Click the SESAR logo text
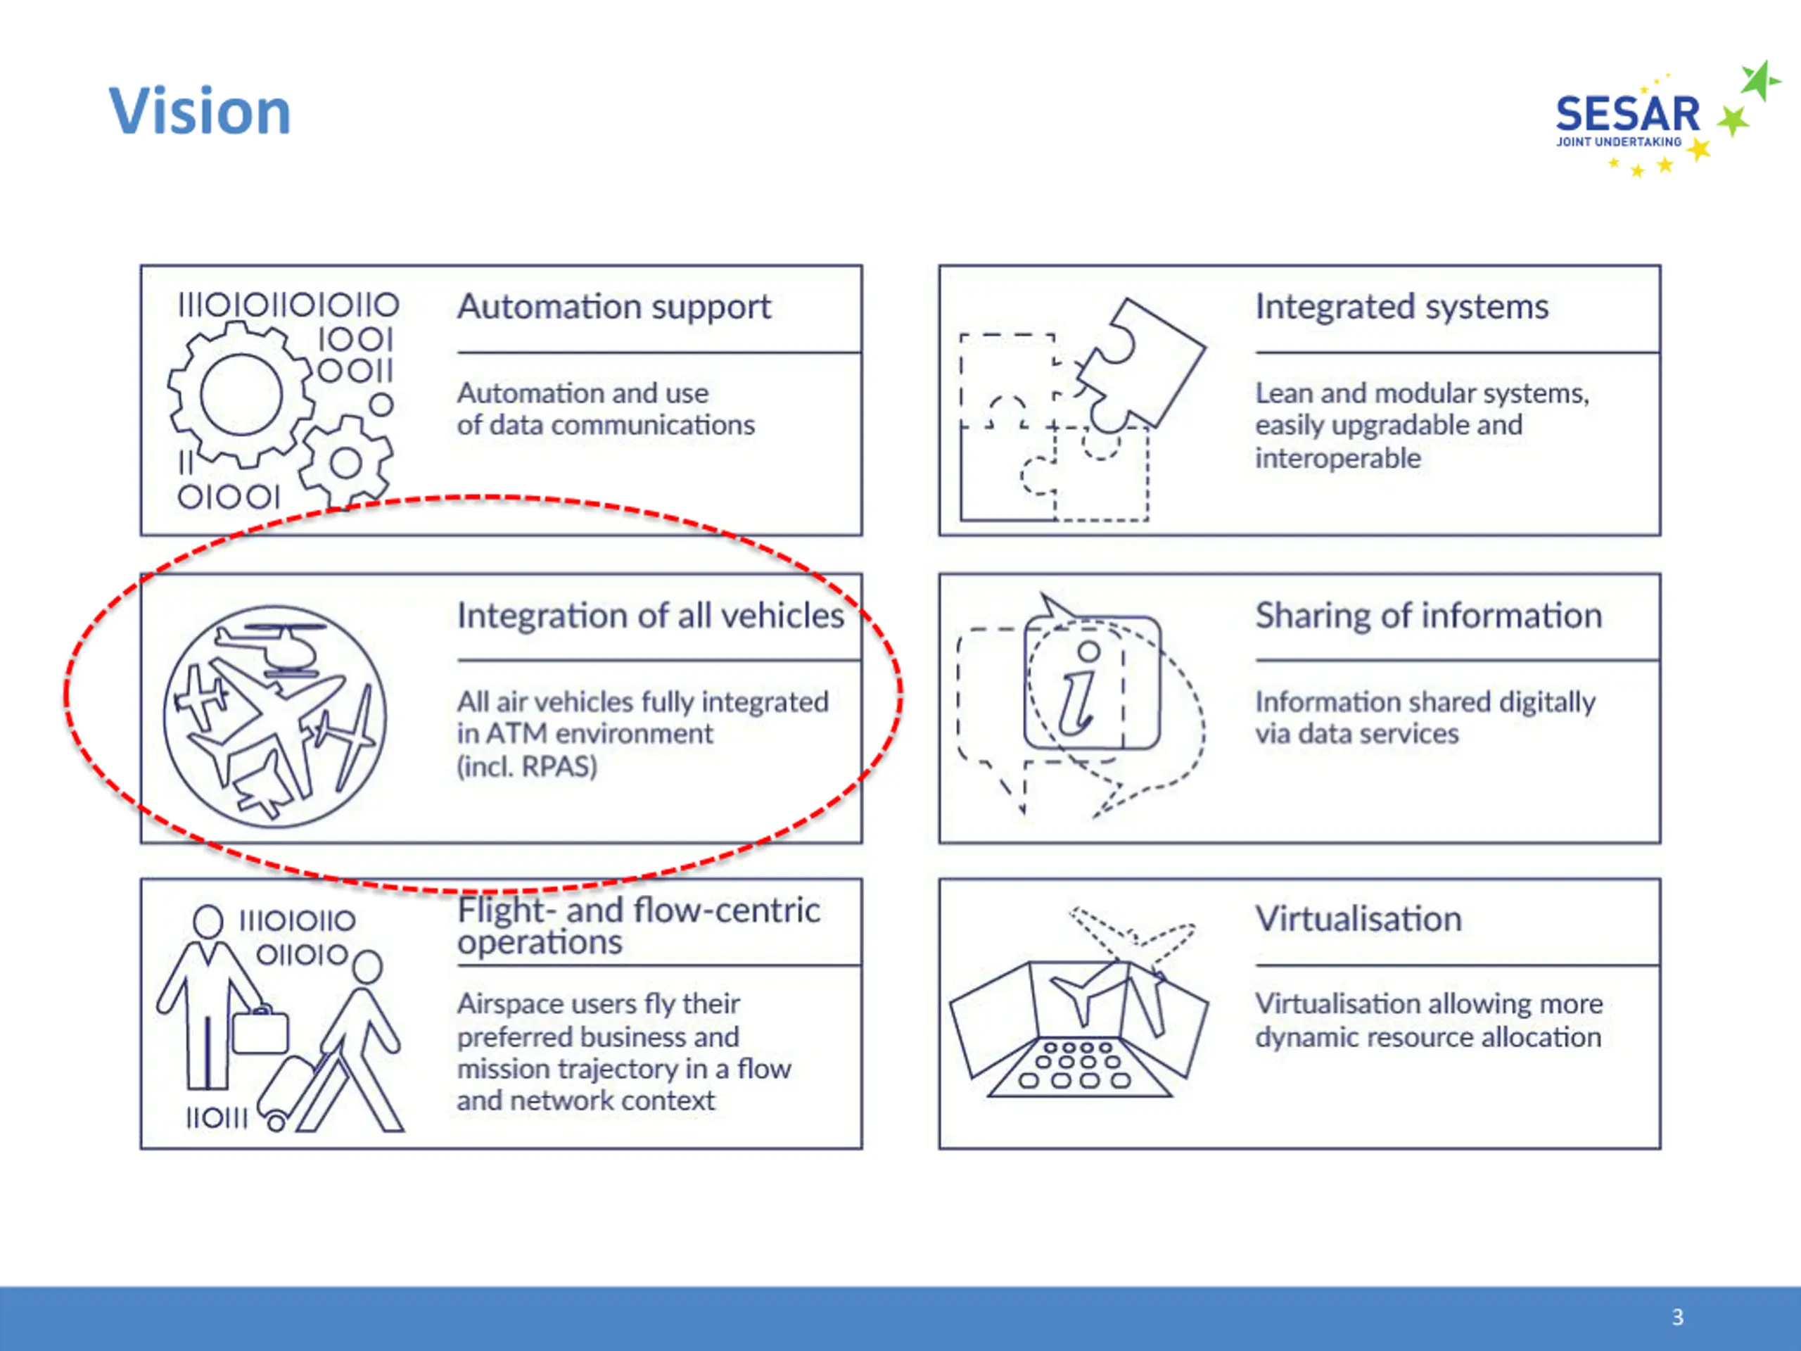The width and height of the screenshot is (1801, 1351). [1627, 114]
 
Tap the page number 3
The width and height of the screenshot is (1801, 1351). [1678, 1317]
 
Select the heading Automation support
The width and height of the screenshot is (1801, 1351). [614, 307]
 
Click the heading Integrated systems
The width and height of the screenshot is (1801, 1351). [1401, 307]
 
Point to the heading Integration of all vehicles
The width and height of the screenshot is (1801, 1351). [651, 616]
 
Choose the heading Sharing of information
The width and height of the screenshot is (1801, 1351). [1428, 616]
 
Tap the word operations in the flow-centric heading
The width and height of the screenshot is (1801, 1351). [539, 943]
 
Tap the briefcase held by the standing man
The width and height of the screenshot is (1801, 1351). [260, 1030]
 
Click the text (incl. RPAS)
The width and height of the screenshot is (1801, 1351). [527, 766]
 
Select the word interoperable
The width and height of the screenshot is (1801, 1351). [1337, 457]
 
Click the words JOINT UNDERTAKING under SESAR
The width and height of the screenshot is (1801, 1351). [1619, 141]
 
